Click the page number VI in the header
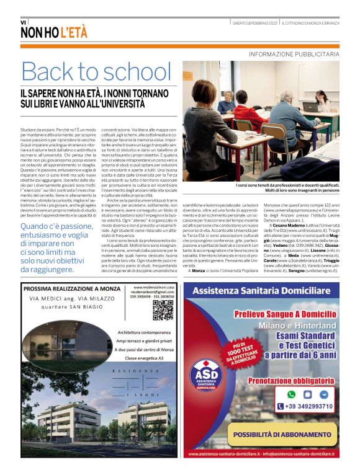(x=24, y=22)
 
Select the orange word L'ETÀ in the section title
(x=73, y=33)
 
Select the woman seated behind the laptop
(x=322, y=99)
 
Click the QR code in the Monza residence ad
(x=163, y=310)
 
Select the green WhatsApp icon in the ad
(x=291, y=394)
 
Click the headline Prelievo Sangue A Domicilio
(x=286, y=314)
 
